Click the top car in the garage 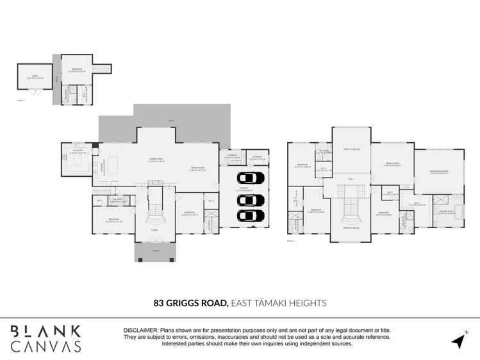coord(251,177)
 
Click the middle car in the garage coord(251,199)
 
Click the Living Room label coord(197,169)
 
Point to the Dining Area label coord(156,160)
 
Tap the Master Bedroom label coord(438,171)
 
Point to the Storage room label coord(257,157)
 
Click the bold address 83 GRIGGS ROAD coord(190,303)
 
